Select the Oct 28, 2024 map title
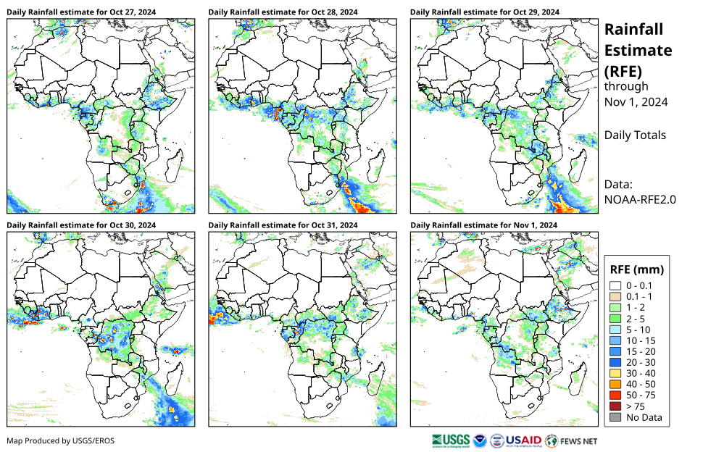tap(283, 12)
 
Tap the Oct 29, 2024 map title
tap(484, 12)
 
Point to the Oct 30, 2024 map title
tap(81, 225)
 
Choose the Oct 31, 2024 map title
tap(283, 225)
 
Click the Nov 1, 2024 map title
tap(483, 225)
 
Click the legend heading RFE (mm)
tap(637, 269)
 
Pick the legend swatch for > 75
tap(615, 406)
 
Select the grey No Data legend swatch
tap(615, 417)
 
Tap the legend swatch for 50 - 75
tap(615, 395)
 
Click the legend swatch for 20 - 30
tap(615, 361)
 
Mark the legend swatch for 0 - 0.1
tap(615, 285)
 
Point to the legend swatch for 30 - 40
tap(615, 373)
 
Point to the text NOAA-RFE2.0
tap(640, 199)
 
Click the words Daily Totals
tap(635, 135)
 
